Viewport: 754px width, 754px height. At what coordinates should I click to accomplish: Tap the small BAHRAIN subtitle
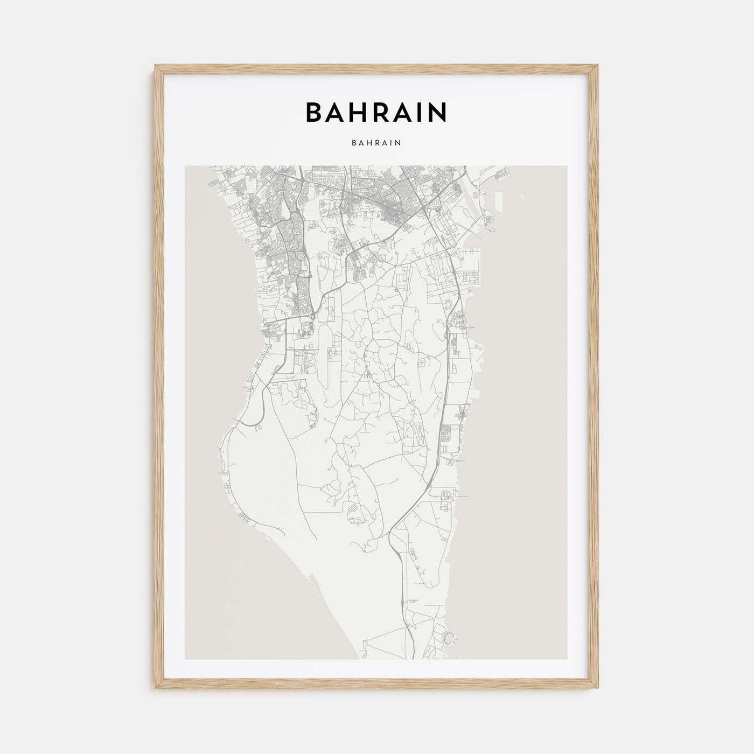(376, 143)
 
